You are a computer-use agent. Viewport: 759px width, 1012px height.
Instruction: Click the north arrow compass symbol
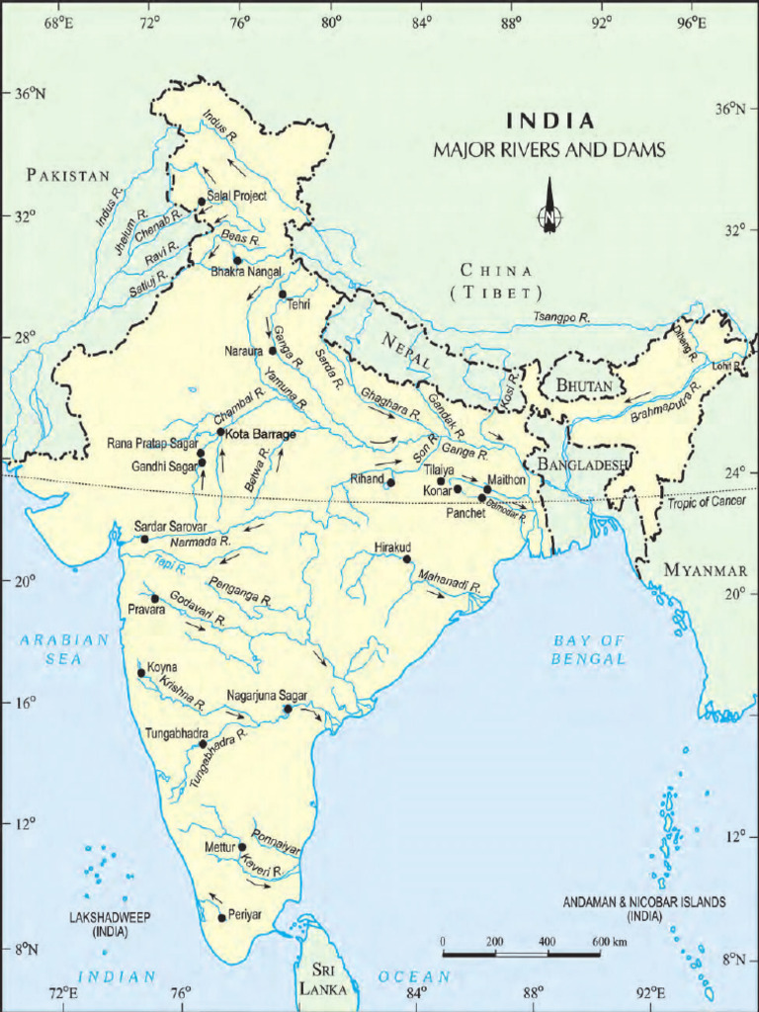click(x=548, y=209)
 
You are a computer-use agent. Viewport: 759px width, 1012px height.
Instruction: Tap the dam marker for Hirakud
click(x=406, y=559)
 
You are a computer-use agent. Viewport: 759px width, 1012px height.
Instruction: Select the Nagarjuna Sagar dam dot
click(x=288, y=710)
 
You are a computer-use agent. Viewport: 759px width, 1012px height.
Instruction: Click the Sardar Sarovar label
click(x=170, y=526)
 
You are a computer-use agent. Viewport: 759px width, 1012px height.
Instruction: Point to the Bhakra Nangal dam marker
click(x=237, y=261)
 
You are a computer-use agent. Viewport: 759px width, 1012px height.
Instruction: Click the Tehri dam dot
click(x=283, y=295)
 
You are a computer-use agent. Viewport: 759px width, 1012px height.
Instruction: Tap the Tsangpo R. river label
click(x=561, y=317)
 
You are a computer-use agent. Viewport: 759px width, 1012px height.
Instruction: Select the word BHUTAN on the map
click(x=584, y=384)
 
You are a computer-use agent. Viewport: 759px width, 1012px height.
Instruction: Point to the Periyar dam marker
click(x=221, y=918)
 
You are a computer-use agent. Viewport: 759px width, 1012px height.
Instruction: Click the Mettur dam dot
click(x=242, y=847)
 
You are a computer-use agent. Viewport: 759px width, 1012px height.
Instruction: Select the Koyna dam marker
click(x=141, y=673)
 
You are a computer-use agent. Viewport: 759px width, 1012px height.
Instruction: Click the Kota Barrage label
click(x=261, y=433)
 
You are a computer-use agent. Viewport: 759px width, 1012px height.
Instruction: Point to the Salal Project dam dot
click(x=202, y=202)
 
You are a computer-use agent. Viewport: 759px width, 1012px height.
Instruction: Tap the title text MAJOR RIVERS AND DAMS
click(x=549, y=150)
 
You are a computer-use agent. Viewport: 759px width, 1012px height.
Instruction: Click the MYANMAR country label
click(x=706, y=570)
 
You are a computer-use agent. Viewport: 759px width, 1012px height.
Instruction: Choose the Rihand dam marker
click(x=390, y=482)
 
